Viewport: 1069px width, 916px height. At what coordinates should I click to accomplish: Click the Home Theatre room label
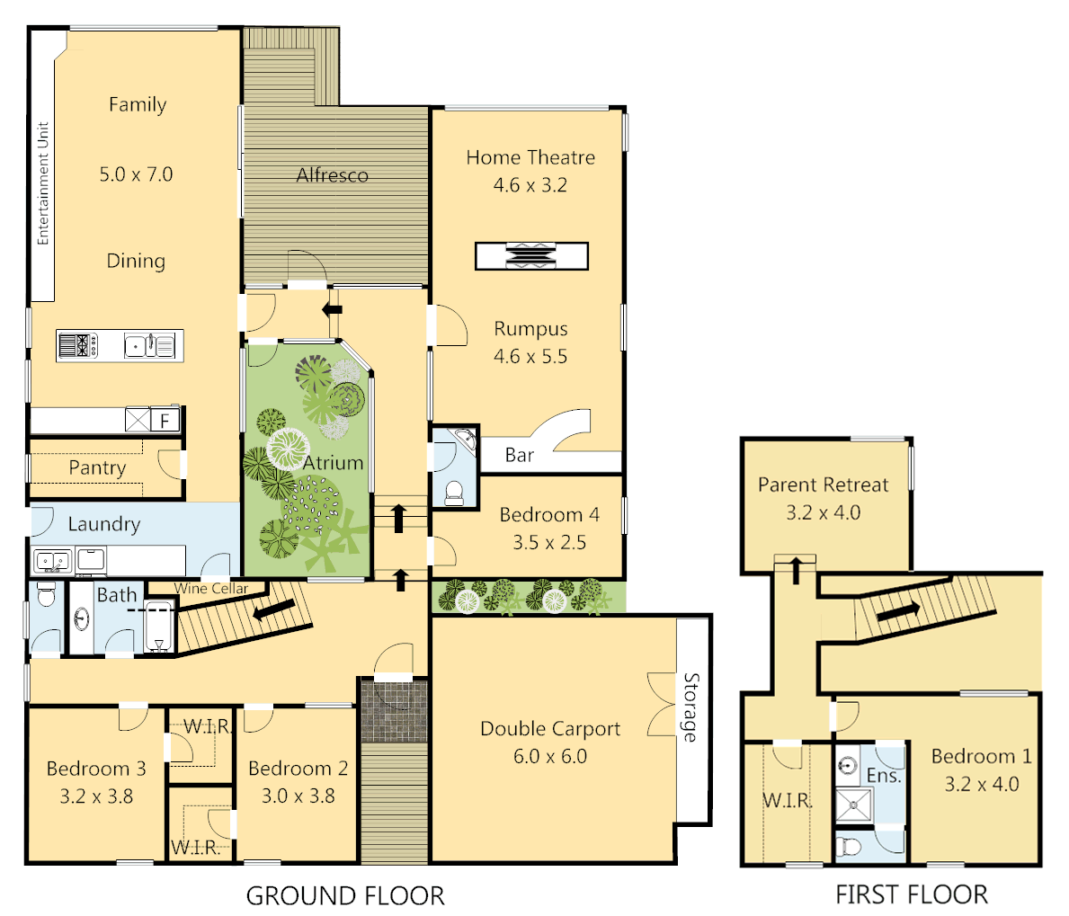pyautogui.click(x=530, y=157)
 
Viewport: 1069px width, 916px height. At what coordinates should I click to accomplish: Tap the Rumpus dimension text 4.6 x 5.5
pyautogui.click(x=530, y=357)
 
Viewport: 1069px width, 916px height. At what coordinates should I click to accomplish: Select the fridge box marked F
pyautogui.click(x=165, y=421)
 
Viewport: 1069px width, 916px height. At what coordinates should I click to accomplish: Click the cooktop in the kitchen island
pyautogui.click(x=77, y=345)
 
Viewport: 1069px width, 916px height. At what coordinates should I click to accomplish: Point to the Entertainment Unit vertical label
pyautogui.click(x=42, y=183)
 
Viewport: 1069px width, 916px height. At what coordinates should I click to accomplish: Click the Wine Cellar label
pyautogui.click(x=211, y=589)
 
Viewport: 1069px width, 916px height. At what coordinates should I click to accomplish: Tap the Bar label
pyautogui.click(x=520, y=456)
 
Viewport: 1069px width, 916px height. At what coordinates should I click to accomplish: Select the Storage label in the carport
pyautogui.click(x=690, y=707)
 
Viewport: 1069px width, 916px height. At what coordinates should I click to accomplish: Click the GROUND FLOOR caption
pyautogui.click(x=345, y=896)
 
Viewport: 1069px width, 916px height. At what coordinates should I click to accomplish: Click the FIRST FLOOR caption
pyautogui.click(x=912, y=895)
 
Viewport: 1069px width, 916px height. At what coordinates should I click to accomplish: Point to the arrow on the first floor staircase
pyautogui.click(x=898, y=611)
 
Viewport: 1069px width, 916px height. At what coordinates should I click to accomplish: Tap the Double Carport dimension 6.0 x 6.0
pyautogui.click(x=550, y=757)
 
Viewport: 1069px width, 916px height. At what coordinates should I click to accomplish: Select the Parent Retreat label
pyautogui.click(x=823, y=485)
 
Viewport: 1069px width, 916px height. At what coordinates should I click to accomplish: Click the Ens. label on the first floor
pyautogui.click(x=884, y=776)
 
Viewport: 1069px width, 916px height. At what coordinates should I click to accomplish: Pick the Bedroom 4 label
pyautogui.click(x=549, y=515)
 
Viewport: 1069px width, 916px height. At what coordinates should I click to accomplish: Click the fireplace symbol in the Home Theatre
pyautogui.click(x=531, y=256)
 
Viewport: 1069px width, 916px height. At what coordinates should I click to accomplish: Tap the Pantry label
pyautogui.click(x=97, y=468)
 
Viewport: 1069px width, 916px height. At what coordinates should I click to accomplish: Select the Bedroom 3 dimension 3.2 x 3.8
pyautogui.click(x=96, y=796)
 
